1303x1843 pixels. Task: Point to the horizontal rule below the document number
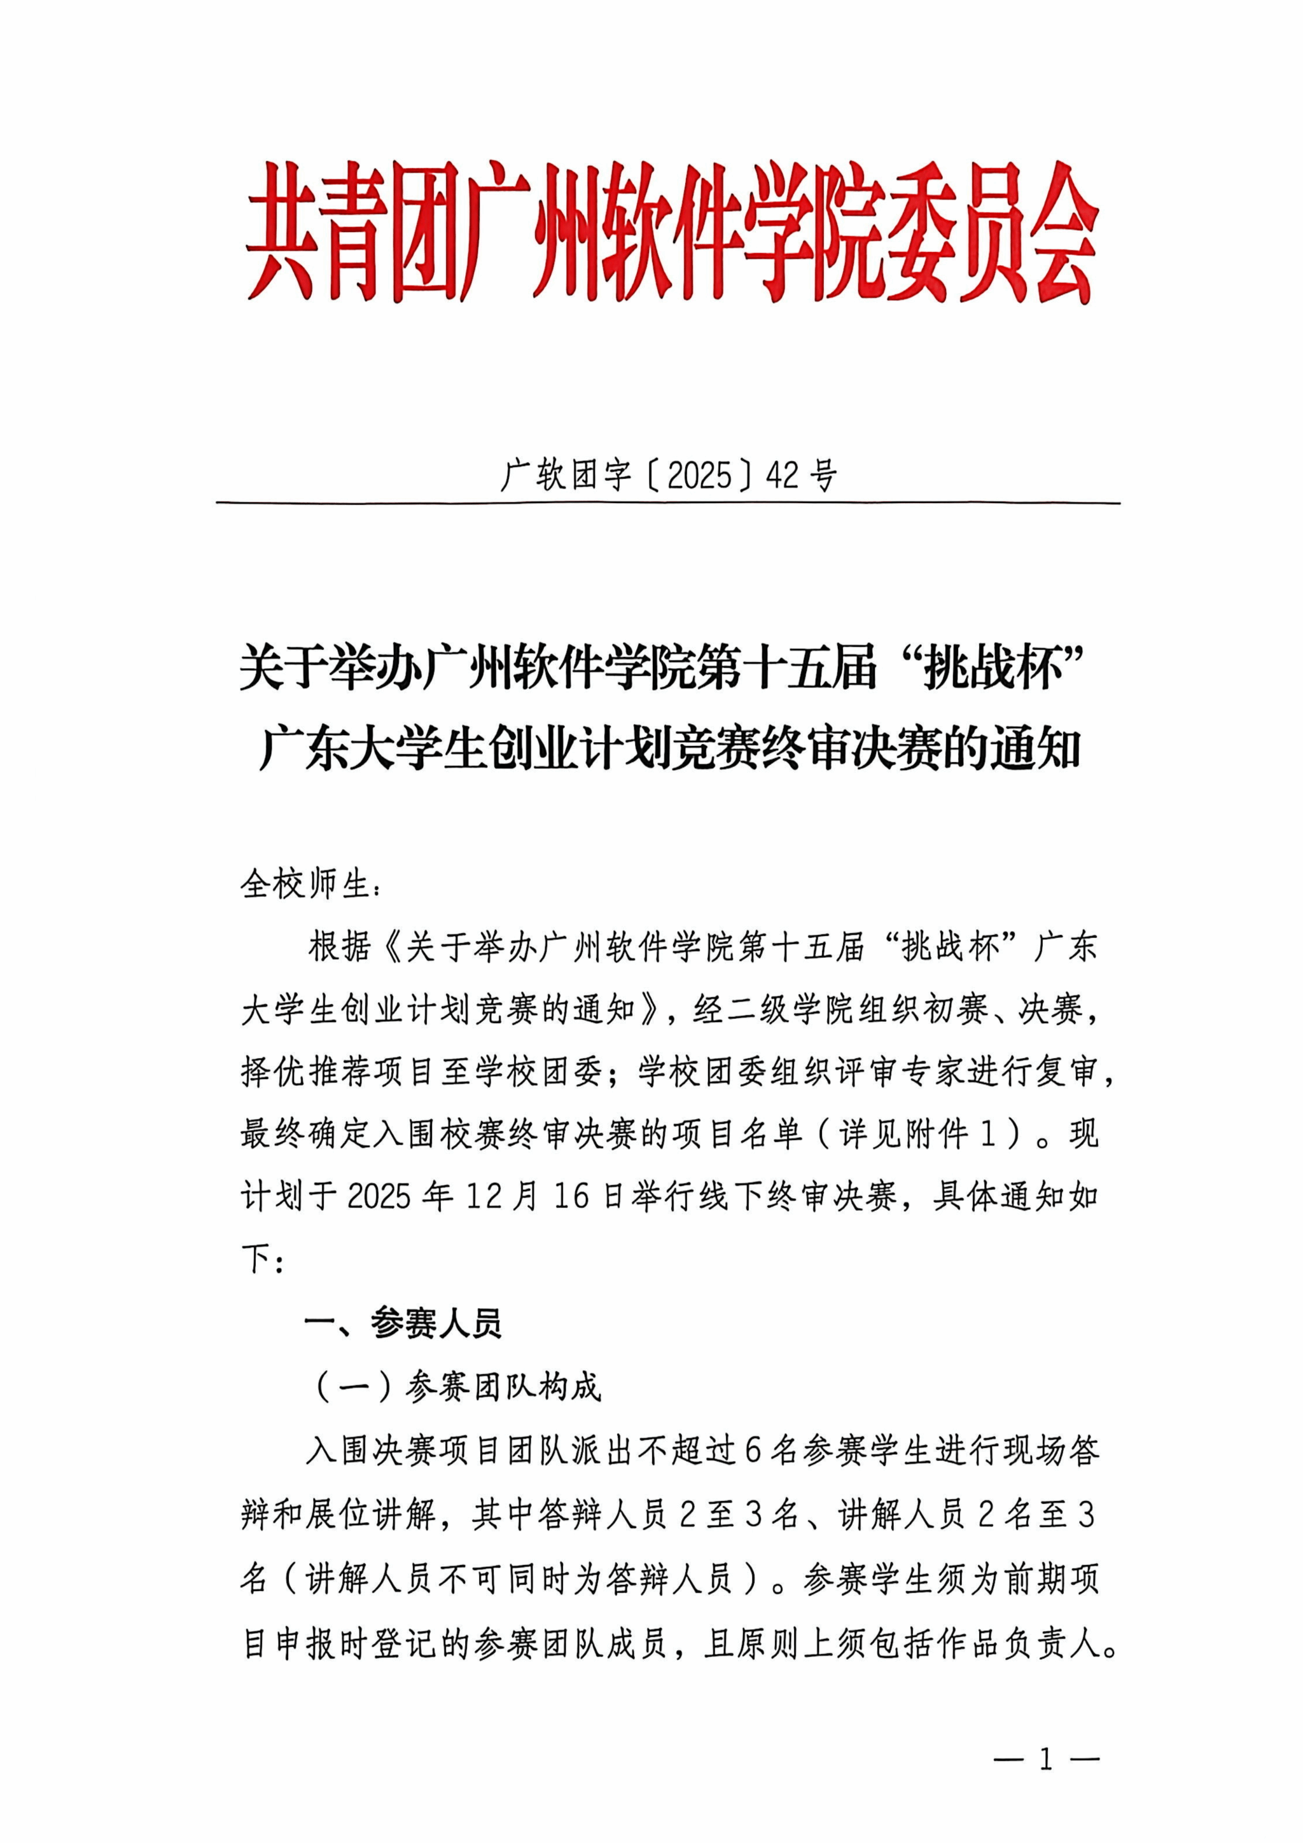coord(668,503)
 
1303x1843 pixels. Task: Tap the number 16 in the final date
coord(571,1197)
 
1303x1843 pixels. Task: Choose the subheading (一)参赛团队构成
coord(457,1386)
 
